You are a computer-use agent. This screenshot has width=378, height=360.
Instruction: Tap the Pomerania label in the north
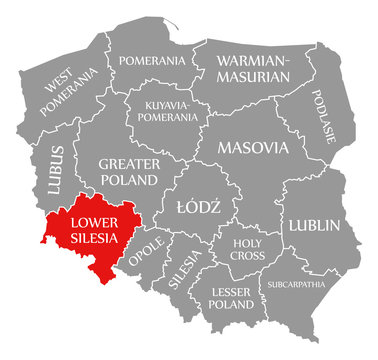tap(150, 61)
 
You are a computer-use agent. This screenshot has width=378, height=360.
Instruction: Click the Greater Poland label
tap(129, 171)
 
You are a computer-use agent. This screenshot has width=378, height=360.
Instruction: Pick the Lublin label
tap(316, 225)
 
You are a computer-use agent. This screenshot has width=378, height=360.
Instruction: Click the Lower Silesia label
tap(93, 230)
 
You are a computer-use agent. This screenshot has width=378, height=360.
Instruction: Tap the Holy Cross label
tap(247, 248)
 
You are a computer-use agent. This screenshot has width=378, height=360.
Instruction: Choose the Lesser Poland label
tap(234, 298)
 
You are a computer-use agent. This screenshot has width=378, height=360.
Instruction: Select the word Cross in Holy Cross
tap(247, 255)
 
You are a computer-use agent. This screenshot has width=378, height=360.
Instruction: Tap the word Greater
tap(129, 162)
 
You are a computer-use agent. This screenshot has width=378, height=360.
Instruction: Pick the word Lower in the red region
tap(93, 221)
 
